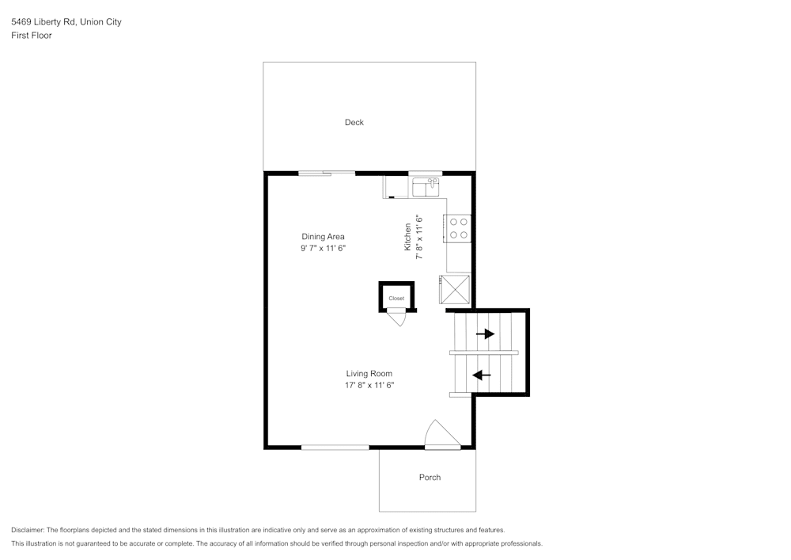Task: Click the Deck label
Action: click(x=354, y=122)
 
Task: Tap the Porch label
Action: click(x=430, y=477)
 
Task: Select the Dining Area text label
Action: click(x=323, y=236)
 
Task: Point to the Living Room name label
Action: click(x=369, y=373)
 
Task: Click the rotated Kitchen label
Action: click(x=408, y=237)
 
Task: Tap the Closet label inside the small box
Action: click(x=396, y=299)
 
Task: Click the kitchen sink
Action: click(x=426, y=187)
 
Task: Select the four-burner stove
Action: click(x=459, y=228)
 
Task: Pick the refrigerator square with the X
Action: click(x=455, y=289)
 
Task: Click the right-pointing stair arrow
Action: click(x=485, y=333)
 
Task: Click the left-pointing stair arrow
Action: click(x=481, y=375)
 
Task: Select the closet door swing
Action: click(x=396, y=318)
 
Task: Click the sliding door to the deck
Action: click(x=326, y=173)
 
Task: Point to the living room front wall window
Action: click(x=335, y=448)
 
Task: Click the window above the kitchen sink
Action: click(x=425, y=173)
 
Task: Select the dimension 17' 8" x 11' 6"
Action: click(x=369, y=386)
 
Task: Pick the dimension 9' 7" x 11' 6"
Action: click(x=323, y=249)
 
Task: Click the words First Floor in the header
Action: click(x=32, y=36)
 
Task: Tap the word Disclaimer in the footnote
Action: click(x=28, y=530)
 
